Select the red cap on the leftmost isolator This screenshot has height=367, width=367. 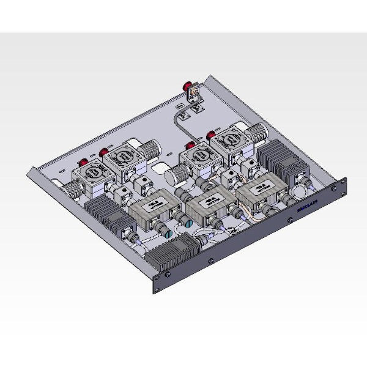[x=81, y=163]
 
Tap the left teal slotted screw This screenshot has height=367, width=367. [x=190, y=225]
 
